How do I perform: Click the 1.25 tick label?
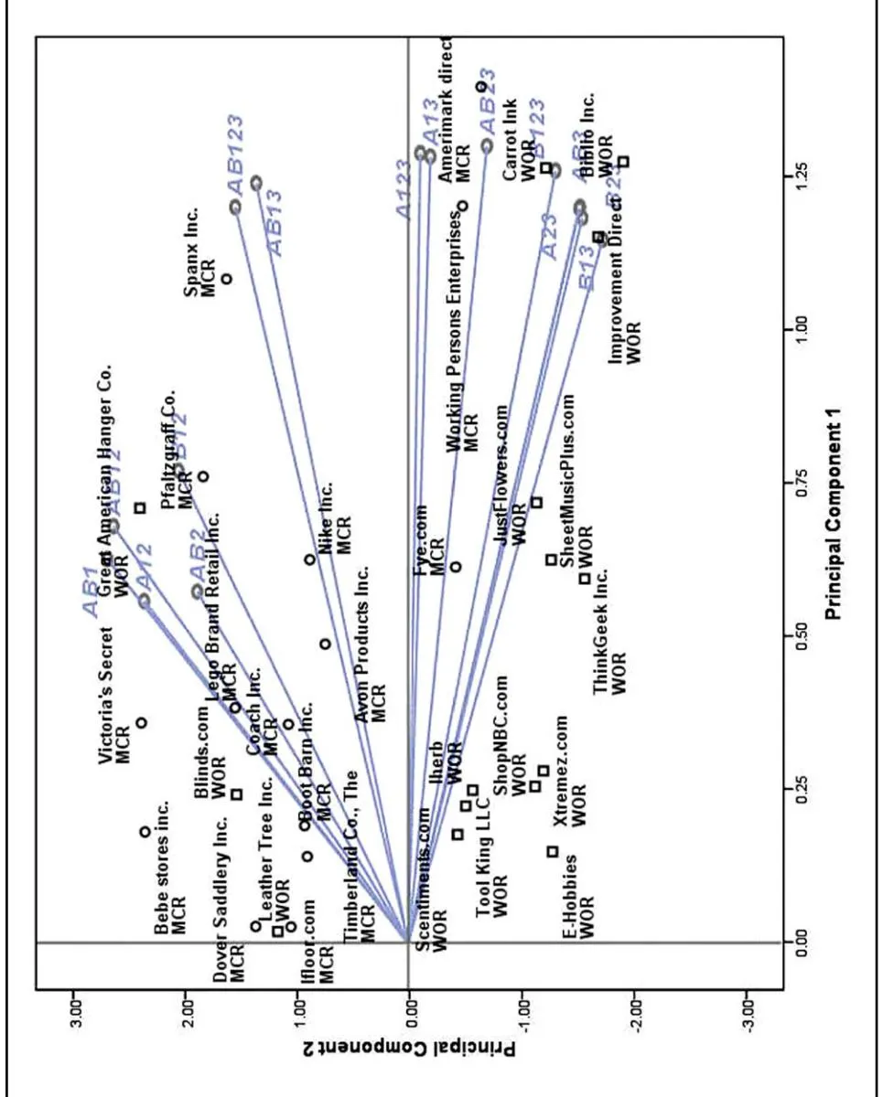[803, 172]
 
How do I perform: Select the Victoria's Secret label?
[110, 695]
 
